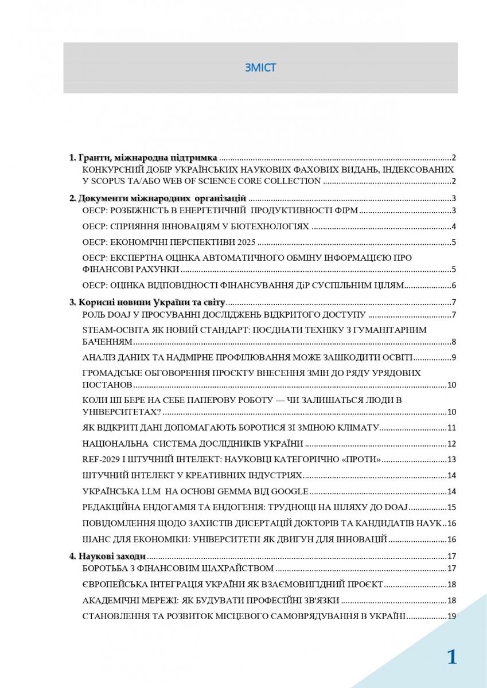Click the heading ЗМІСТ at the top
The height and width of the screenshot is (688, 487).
point(260,68)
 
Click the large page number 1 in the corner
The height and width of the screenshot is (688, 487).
point(452,657)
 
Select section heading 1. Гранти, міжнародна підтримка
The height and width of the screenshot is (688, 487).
point(143,158)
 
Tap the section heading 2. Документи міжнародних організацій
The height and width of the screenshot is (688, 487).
point(158,198)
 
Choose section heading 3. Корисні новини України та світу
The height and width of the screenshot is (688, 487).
point(147,302)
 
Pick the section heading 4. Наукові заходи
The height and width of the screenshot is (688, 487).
point(107,556)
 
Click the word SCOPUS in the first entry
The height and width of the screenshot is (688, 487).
point(112,181)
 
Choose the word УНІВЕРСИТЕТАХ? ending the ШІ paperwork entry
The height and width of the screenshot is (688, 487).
point(121,412)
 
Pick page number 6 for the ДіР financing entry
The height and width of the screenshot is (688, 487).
point(453,286)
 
